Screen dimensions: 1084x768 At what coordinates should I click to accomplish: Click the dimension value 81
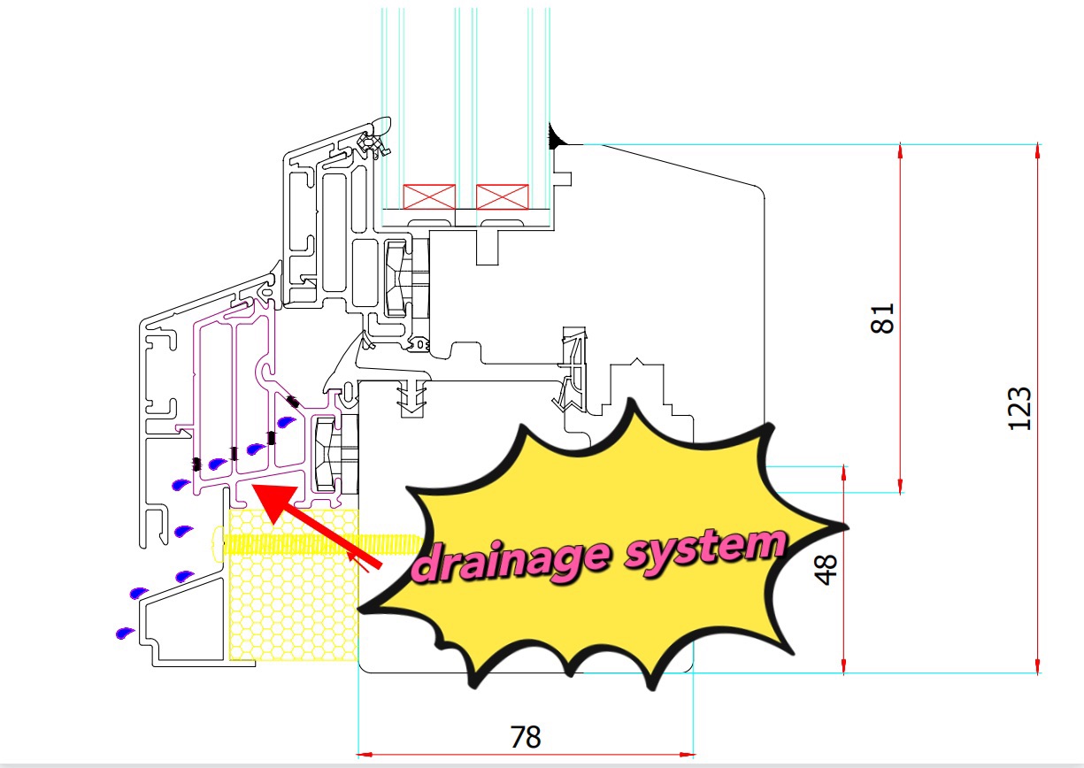pos(881,318)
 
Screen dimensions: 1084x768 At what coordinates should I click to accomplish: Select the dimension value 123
pos(1019,409)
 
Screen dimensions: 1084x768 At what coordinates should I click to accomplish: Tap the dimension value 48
pos(826,570)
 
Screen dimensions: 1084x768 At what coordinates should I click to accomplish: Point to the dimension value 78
pos(526,737)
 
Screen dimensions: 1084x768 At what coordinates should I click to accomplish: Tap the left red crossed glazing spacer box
pos(429,196)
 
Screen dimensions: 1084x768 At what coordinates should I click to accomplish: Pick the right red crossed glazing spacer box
pos(503,196)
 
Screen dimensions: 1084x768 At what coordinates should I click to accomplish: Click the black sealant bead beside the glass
pos(555,137)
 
